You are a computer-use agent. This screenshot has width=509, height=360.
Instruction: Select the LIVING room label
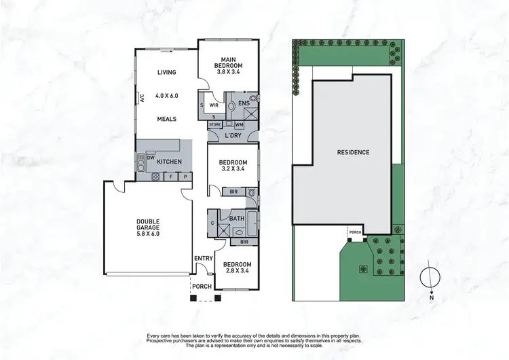(x=166, y=73)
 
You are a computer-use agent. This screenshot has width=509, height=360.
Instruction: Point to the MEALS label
(x=166, y=119)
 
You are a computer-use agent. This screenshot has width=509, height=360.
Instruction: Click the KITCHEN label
(x=168, y=162)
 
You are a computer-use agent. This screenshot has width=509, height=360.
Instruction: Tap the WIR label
(x=213, y=105)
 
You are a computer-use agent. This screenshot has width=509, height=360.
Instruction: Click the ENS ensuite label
(x=244, y=103)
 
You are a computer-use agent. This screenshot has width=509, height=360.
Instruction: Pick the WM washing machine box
(x=239, y=124)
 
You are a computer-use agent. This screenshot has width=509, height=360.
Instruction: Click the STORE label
(x=215, y=124)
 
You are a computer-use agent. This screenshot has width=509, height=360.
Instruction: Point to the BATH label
(x=237, y=218)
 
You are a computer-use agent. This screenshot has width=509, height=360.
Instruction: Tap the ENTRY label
(x=203, y=258)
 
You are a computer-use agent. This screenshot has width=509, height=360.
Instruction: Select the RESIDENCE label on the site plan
(x=353, y=152)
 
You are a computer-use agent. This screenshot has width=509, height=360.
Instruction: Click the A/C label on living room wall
(x=143, y=98)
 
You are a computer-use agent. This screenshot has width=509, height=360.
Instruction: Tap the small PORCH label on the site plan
(x=355, y=232)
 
